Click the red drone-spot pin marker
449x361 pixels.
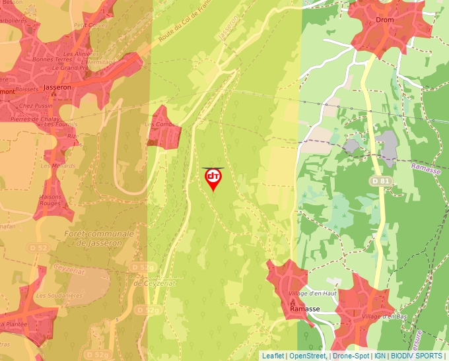[213, 178]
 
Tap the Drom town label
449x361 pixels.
[384, 20]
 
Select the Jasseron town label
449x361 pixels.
[56, 86]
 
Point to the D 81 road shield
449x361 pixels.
[379, 181]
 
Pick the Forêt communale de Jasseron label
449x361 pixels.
[99, 238]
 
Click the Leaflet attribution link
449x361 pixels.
[273, 356]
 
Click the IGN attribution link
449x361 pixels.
[380, 356]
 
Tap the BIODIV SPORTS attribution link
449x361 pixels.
[417, 356]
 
